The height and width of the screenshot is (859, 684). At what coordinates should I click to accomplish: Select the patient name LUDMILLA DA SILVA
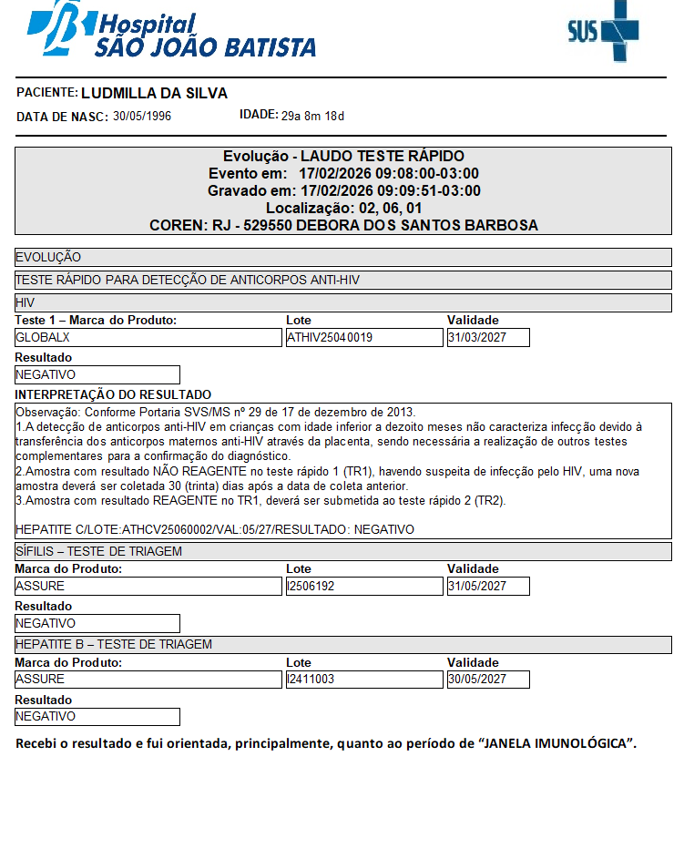tap(154, 93)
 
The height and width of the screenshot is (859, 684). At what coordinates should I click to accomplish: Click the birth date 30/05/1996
tap(142, 117)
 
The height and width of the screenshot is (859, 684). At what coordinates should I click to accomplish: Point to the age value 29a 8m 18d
tap(312, 116)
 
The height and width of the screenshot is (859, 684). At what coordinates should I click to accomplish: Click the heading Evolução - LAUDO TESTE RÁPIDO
tap(343, 157)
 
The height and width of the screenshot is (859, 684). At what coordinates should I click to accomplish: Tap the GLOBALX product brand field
tap(148, 337)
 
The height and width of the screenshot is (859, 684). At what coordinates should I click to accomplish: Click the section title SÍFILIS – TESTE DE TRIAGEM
tap(99, 551)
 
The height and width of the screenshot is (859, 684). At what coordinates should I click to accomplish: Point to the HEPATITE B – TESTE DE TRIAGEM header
tap(114, 644)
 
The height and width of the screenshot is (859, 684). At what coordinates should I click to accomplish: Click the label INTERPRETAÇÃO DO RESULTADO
tap(113, 394)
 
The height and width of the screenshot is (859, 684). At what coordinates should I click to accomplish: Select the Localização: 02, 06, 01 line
tap(343, 208)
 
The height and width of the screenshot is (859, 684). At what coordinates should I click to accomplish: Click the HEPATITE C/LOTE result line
tap(215, 529)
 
